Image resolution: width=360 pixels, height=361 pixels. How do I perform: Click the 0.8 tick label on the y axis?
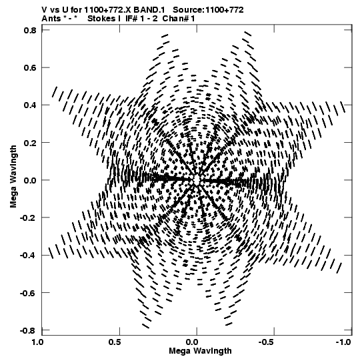[30, 30]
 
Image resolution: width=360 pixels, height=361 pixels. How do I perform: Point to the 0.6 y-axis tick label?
[30, 67]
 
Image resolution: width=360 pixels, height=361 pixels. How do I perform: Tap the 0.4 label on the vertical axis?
[30, 105]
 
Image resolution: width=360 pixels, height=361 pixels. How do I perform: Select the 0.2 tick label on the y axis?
[30, 143]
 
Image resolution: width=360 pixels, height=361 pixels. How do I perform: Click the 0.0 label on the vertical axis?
[30, 180]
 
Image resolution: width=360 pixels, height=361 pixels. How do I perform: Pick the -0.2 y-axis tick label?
[28, 218]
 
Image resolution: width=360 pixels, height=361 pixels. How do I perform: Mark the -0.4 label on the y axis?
[28, 256]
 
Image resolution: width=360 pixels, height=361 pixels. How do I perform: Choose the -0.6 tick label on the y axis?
[28, 293]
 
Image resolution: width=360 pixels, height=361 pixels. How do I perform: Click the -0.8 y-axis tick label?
[28, 330]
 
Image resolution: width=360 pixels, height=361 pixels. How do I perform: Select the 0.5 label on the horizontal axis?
[115, 342]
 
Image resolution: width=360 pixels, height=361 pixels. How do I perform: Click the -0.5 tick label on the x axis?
[267, 342]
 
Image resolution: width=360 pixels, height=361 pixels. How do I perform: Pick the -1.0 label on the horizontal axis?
[344, 342]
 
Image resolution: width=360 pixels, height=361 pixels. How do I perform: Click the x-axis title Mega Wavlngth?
[200, 351]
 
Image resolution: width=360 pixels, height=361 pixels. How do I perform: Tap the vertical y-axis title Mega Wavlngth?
[13, 177]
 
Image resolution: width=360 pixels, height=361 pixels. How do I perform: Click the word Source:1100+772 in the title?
[208, 10]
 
